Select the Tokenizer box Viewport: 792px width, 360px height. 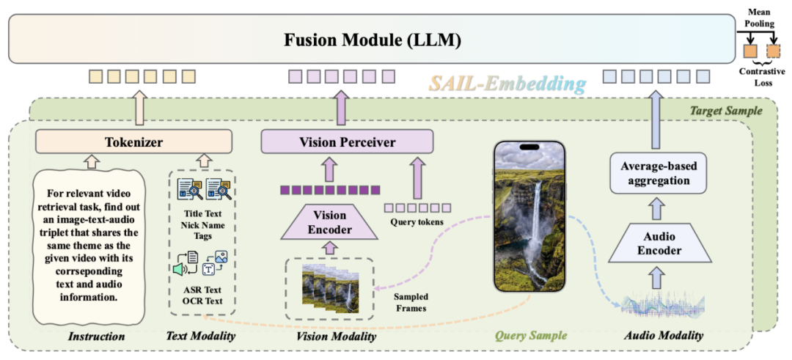133,141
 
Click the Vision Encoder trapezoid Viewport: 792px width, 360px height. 329,221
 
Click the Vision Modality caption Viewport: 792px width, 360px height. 336,336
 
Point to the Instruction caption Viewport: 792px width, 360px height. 96,336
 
